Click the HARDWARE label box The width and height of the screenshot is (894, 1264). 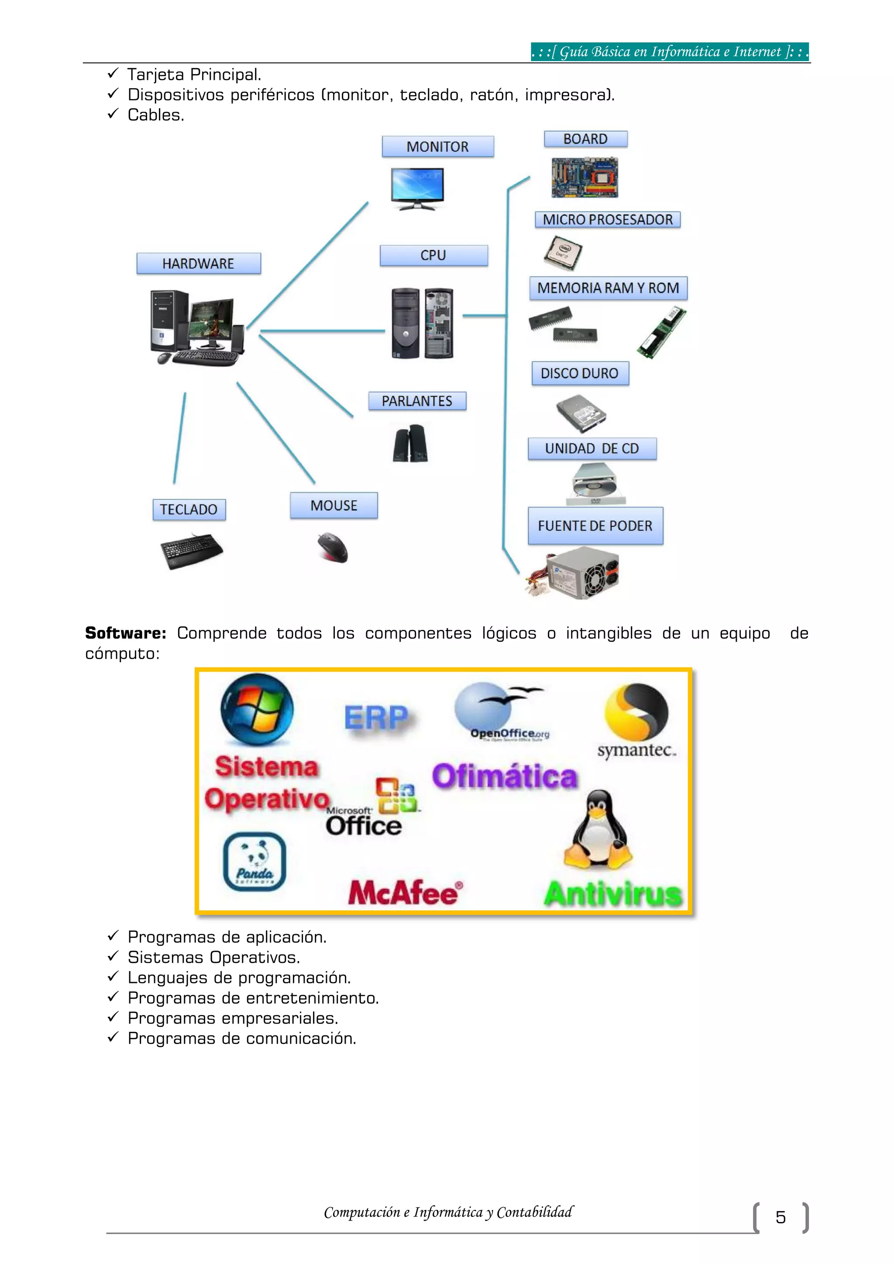[198, 264]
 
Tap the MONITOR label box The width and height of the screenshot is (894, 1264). [438, 147]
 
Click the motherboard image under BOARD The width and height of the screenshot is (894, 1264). [585, 177]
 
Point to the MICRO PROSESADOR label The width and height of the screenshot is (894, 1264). [608, 220]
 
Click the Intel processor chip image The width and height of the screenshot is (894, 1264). [563, 253]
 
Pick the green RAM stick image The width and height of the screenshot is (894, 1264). [661, 333]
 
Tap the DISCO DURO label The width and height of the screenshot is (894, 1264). [580, 373]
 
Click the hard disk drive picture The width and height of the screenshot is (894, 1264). [581, 412]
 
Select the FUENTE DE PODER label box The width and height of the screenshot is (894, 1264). [595, 526]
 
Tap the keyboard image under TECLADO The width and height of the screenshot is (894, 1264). [191, 550]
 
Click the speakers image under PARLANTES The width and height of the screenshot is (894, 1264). [411, 443]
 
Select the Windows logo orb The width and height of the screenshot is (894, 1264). [257, 710]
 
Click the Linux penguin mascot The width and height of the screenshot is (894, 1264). [598, 828]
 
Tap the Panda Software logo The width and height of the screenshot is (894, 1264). [254, 862]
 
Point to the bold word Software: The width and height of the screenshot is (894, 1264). [126, 633]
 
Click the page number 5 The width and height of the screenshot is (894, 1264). [780, 1217]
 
